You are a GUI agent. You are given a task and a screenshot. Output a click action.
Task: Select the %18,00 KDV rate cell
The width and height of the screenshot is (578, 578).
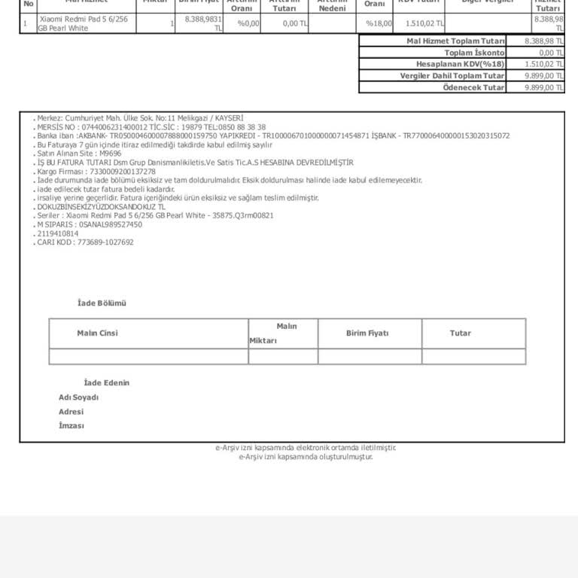379,23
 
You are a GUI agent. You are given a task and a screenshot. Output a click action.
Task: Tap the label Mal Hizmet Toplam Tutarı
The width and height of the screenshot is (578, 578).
455,41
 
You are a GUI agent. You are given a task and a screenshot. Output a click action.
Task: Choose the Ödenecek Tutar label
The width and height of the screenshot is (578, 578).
473,87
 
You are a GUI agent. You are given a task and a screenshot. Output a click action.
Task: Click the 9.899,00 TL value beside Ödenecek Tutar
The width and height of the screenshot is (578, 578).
544,87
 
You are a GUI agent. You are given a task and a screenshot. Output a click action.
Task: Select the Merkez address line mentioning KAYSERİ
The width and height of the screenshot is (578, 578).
140,118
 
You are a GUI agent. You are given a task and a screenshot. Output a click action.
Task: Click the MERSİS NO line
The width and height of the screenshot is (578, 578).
151,127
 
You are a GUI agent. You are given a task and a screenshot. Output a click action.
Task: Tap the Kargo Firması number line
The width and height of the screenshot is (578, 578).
96,172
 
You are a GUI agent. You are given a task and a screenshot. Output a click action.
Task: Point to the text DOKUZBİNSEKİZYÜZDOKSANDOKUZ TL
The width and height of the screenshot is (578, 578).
101,206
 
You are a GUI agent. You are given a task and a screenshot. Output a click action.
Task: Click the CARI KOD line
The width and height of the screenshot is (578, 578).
85,242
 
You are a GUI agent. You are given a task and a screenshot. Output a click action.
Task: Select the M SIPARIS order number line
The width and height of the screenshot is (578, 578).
90,224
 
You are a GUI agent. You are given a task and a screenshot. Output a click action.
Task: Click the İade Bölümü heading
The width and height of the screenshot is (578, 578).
102,303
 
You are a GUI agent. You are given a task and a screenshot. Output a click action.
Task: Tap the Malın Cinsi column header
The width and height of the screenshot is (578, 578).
97,333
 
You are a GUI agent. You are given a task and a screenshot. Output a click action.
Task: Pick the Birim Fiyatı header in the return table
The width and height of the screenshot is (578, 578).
367,333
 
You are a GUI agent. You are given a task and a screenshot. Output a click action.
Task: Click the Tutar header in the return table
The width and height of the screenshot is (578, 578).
460,333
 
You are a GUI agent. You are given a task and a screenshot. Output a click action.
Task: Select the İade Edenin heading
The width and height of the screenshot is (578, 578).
106,383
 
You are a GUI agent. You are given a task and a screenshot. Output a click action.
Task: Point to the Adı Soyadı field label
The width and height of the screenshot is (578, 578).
78,397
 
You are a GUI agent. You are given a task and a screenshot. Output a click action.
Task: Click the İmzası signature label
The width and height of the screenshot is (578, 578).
71,426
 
